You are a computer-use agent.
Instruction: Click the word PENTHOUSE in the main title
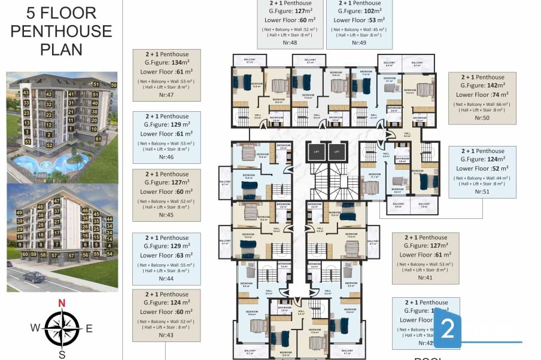61,30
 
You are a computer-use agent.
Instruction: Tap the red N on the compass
62,303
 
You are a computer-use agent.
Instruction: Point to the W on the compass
36,328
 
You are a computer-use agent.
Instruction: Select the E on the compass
89,328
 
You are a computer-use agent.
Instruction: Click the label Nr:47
166,95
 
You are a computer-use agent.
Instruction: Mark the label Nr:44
166,278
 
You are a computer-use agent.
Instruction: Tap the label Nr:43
166,335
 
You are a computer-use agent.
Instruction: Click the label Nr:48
290,42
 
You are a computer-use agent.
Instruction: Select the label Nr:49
359,42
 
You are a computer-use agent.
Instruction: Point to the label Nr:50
482,118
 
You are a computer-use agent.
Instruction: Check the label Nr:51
482,191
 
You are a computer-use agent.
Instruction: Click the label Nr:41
425,277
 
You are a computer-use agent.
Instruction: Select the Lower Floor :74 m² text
482,94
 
